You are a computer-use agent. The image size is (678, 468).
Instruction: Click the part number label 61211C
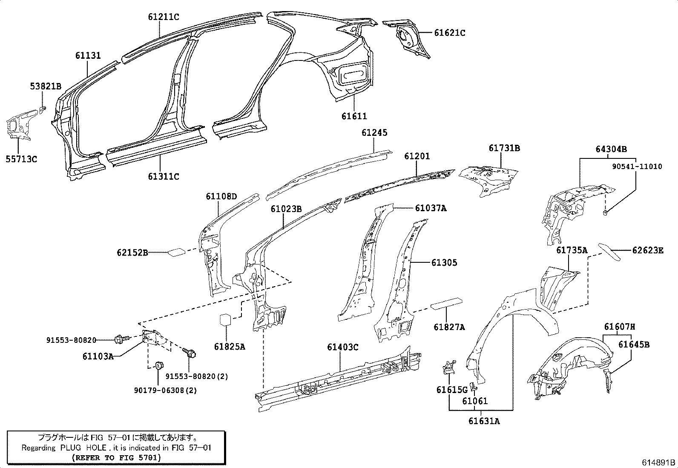[x=164, y=17]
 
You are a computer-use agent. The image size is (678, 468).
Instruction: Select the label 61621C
[x=449, y=33]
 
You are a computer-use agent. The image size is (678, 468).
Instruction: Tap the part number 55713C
[x=21, y=159]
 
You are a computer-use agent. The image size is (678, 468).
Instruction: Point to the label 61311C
[x=164, y=176]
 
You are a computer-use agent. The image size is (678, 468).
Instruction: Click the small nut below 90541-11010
[x=605, y=212]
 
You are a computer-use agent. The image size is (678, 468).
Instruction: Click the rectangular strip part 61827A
[x=446, y=303]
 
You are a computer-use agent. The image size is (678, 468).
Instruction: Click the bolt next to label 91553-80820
[x=120, y=339]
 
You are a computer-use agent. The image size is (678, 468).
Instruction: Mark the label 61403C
[x=342, y=347]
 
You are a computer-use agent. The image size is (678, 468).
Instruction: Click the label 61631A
[x=484, y=421]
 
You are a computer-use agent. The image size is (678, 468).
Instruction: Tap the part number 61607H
[x=620, y=327]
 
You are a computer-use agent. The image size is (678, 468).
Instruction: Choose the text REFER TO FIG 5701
[x=116, y=458]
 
